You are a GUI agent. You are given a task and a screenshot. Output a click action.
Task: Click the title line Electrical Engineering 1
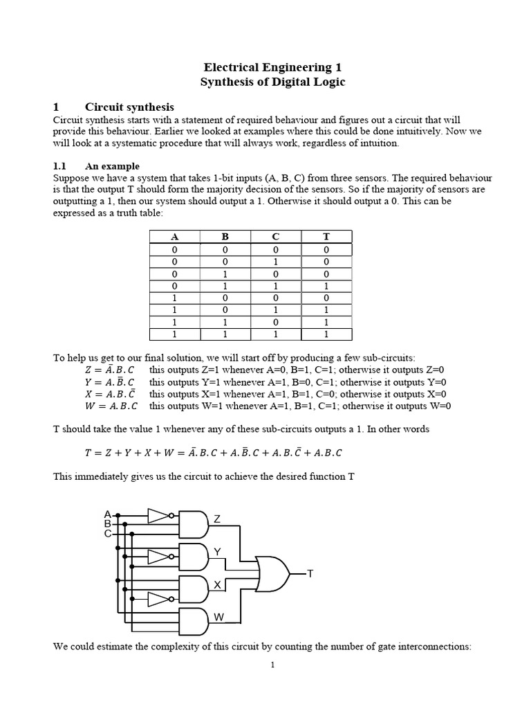272,67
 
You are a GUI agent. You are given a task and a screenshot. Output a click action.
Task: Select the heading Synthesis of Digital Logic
272,82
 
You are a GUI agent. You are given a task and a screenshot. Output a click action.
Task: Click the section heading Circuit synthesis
129,107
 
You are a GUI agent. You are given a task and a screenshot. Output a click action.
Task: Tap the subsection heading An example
111,166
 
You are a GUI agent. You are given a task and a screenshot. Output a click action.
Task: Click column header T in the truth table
326,237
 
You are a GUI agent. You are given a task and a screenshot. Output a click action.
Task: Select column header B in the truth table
225,237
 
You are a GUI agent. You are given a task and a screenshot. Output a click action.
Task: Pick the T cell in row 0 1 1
326,286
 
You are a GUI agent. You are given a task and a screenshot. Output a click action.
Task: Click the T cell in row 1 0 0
326,298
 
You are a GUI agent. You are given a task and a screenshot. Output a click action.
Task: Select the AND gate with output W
194,621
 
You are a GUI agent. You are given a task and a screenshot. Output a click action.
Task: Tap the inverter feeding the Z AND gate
158,515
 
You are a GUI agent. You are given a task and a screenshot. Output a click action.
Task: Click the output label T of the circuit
310,574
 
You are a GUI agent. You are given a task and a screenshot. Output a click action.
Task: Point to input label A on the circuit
107,514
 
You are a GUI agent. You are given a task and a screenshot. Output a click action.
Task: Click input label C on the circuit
107,534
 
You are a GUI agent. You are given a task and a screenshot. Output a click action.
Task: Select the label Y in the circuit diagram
216,552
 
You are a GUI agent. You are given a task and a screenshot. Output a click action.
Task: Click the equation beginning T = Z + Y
213,453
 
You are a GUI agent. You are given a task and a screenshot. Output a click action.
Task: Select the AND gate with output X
194,588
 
